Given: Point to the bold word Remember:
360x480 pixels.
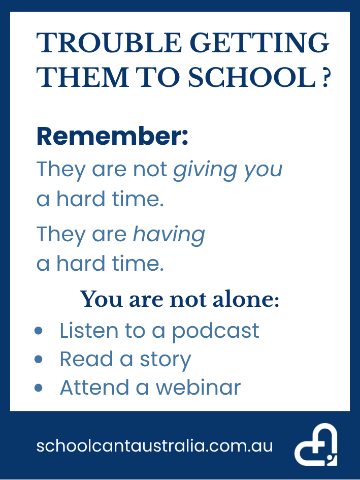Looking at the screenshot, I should point(112,137).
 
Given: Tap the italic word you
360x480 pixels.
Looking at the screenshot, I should point(262,170).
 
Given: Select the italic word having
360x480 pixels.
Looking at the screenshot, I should point(169,234).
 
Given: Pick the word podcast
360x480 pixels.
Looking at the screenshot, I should point(215,331).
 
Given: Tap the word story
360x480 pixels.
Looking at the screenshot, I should point(165,359).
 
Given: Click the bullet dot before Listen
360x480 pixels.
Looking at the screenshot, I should point(39,331).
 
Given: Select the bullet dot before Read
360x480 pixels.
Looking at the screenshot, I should point(39,360).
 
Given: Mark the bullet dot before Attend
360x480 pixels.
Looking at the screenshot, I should point(39,388).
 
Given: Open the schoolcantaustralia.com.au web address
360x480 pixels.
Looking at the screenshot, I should point(154,446).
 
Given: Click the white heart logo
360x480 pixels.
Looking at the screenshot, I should point(316,445).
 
